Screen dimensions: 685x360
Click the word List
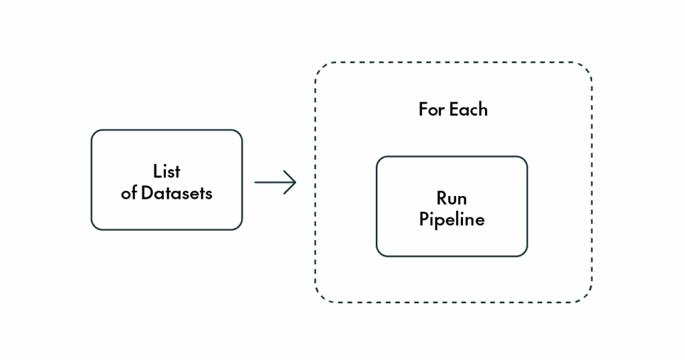click(167, 171)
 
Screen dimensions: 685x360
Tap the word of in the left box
click(129, 193)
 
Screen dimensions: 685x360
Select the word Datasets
click(177, 193)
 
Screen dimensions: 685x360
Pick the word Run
click(452, 198)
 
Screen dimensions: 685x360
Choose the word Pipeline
click(452, 219)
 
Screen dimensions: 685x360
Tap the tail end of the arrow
click(255, 182)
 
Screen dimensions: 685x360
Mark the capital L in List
click(157, 171)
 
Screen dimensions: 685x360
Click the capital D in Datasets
click(147, 193)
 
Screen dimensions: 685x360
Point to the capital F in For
click(423, 109)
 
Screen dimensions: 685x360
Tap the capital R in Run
click(442, 198)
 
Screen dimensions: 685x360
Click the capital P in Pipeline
click(423, 219)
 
